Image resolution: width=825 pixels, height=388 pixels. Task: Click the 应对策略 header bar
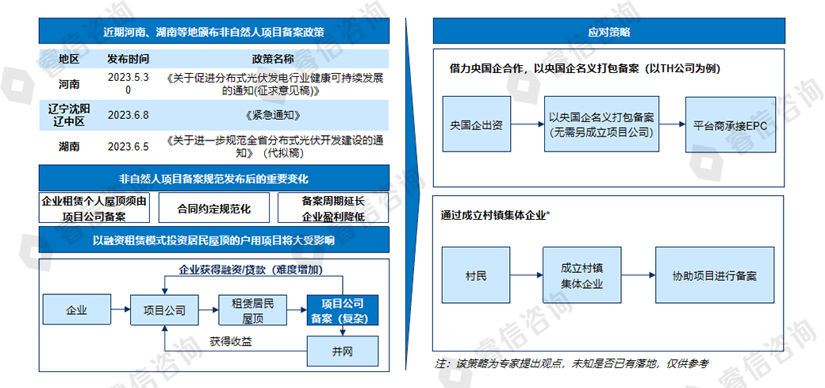point(608,31)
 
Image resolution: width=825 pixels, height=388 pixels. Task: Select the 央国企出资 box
point(477,125)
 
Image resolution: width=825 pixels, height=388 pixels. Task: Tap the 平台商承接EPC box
point(731,125)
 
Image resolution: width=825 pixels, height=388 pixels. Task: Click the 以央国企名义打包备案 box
point(601,125)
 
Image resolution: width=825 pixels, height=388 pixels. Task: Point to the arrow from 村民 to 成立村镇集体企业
point(527,275)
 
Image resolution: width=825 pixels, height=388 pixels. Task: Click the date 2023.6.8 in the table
point(129,115)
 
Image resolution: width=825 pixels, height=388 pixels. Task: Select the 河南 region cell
point(69,83)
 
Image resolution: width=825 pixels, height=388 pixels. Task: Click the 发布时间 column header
point(128,59)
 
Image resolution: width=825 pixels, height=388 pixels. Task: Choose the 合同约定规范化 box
point(213,208)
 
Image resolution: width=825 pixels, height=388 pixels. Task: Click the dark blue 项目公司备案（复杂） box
point(343,310)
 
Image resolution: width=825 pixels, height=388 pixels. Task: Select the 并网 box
point(343,352)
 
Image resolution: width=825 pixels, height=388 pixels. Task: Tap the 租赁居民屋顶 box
point(253,310)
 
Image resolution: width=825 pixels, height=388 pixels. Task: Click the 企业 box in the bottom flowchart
point(76,310)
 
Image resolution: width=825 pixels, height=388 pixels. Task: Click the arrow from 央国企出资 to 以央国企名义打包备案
point(528,125)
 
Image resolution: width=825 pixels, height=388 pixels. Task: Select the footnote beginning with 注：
point(571,363)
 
